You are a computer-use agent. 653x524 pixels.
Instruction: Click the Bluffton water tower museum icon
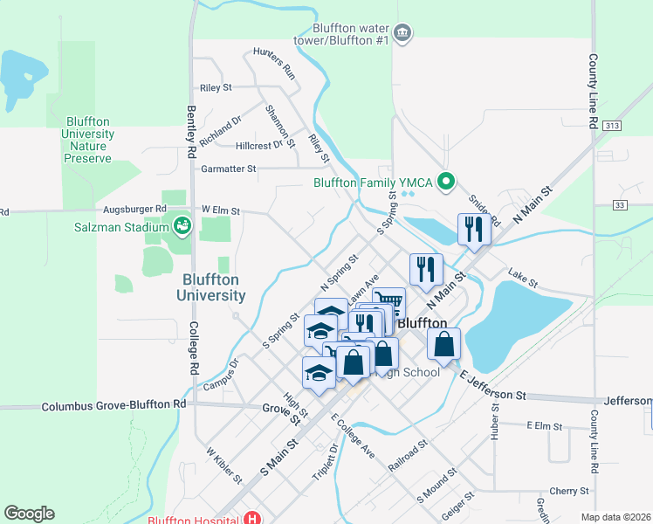pos(402,33)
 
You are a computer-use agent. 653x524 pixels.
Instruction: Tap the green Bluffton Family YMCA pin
pos(447,183)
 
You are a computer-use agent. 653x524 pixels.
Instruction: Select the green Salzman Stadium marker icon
pos(182,227)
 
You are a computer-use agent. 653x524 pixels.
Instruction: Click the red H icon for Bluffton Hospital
pos(252,519)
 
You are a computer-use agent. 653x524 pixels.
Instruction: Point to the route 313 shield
pos(611,126)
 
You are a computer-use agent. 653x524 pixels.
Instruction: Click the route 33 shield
pos(620,204)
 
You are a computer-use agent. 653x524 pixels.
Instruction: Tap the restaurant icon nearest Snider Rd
pos(474,230)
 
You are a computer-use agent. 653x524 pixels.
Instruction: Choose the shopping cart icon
pos(389,304)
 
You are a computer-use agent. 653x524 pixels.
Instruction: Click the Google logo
pos(29,514)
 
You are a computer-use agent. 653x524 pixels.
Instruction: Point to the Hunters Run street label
pos(275,63)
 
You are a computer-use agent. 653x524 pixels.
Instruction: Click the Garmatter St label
pos(229,169)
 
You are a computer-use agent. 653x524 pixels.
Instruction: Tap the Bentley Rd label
pos(191,131)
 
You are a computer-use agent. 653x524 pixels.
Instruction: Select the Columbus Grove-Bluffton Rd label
pos(114,405)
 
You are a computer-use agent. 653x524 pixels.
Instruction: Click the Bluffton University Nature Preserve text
pos(87,140)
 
